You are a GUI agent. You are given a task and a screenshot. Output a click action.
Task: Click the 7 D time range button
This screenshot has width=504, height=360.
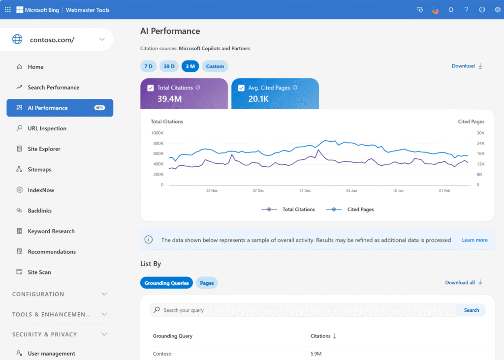pyautogui.click(x=148, y=66)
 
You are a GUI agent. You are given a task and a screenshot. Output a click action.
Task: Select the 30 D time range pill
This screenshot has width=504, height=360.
pyautogui.click(x=169, y=66)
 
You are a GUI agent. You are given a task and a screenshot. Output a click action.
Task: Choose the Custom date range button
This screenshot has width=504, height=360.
pyautogui.click(x=215, y=66)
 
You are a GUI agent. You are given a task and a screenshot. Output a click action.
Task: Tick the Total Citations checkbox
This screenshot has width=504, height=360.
pyautogui.click(x=151, y=88)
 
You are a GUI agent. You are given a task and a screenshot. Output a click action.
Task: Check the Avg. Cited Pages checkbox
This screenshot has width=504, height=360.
pyautogui.click(x=241, y=88)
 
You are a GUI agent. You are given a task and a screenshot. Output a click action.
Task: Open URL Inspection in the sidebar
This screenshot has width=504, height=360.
pyautogui.click(x=47, y=128)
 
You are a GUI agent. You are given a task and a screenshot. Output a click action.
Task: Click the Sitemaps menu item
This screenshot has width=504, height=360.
pyautogui.click(x=39, y=170)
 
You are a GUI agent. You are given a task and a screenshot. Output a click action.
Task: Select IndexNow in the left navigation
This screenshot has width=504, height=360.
pyautogui.click(x=41, y=190)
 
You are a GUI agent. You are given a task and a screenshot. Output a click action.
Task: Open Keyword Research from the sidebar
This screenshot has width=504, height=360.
pyautogui.click(x=51, y=231)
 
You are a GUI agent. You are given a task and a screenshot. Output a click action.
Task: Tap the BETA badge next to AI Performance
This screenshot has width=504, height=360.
pyautogui.click(x=99, y=108)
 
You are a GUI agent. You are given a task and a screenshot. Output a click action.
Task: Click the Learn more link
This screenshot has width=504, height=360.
pyautogui.click(x=474, y=240)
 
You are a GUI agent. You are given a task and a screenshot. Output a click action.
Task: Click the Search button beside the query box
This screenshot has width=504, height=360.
pyautogui.click(x=471, y=310)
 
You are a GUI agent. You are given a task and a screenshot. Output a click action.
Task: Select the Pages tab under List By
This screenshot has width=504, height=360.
pyautogui.click(x=207, y=283)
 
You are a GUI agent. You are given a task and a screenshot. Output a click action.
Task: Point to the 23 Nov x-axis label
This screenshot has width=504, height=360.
pyautogui.click(x=212, y=190)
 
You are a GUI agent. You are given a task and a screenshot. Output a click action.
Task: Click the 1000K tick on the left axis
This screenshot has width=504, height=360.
pyautogui.click(x=157, y=133)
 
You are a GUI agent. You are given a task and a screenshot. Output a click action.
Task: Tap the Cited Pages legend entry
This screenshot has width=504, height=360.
pyautogui.click(x=360, y=210)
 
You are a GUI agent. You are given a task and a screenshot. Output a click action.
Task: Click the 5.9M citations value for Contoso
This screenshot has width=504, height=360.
pyautogui.click(x=316, y=354)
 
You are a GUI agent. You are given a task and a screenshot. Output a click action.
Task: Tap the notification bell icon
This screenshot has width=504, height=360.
pyautogui.click(x=451, y=10)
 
